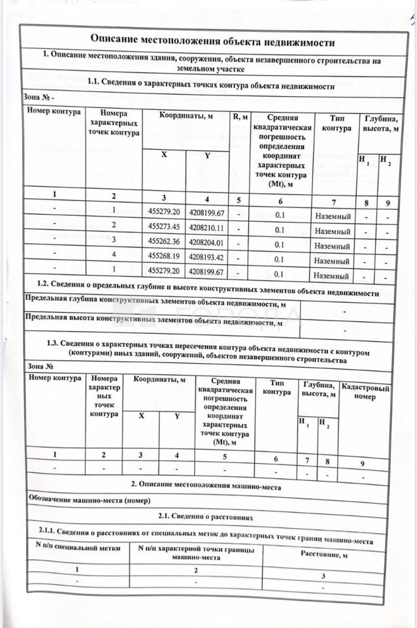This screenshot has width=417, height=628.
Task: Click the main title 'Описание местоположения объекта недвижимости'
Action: point(212,42)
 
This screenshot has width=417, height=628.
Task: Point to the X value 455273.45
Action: point(163,227)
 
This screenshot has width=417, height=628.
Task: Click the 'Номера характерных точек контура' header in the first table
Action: point(114,123)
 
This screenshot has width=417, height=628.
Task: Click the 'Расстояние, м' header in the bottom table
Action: point(324,555)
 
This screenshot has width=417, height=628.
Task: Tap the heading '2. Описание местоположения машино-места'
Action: point(205,485)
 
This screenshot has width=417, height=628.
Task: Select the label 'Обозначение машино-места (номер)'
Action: point(89,500)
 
